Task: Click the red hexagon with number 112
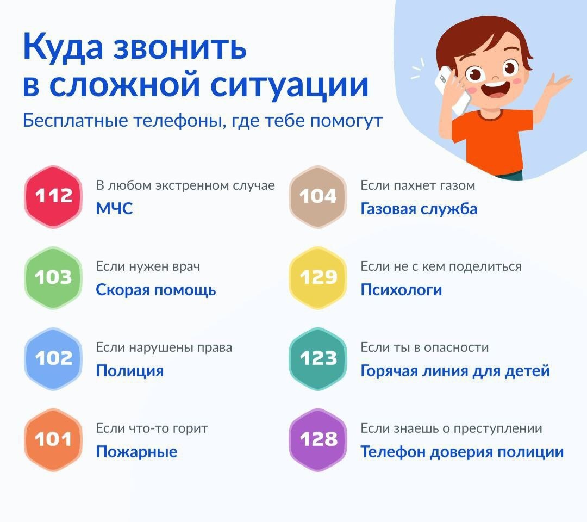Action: click(53, 197)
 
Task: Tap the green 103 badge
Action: click(53, 277)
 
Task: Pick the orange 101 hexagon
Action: click(53, 439)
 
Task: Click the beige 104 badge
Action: click(318, 197)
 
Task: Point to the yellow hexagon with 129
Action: click(318, 277)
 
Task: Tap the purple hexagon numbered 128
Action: click(318, 439)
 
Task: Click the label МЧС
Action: click(115, 209)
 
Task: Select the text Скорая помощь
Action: click(156, 290)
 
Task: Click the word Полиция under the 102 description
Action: click(130, 371)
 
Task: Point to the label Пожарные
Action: click(136, 452)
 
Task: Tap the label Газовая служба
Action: click(419, 209)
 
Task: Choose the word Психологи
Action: click(401, 290)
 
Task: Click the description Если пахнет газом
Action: click(418, 185)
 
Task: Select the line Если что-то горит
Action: click(152, 428)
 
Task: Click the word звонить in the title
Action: click(180, 47)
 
